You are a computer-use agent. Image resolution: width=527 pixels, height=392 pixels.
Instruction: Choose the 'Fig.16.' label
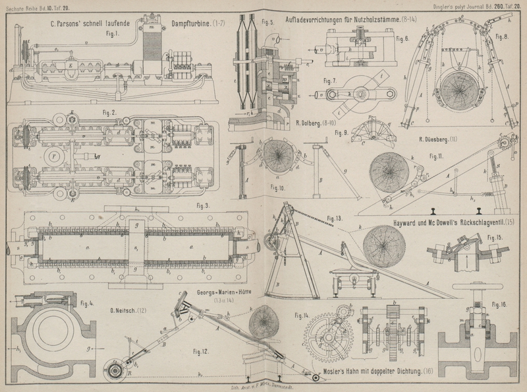(x=499, y=305)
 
